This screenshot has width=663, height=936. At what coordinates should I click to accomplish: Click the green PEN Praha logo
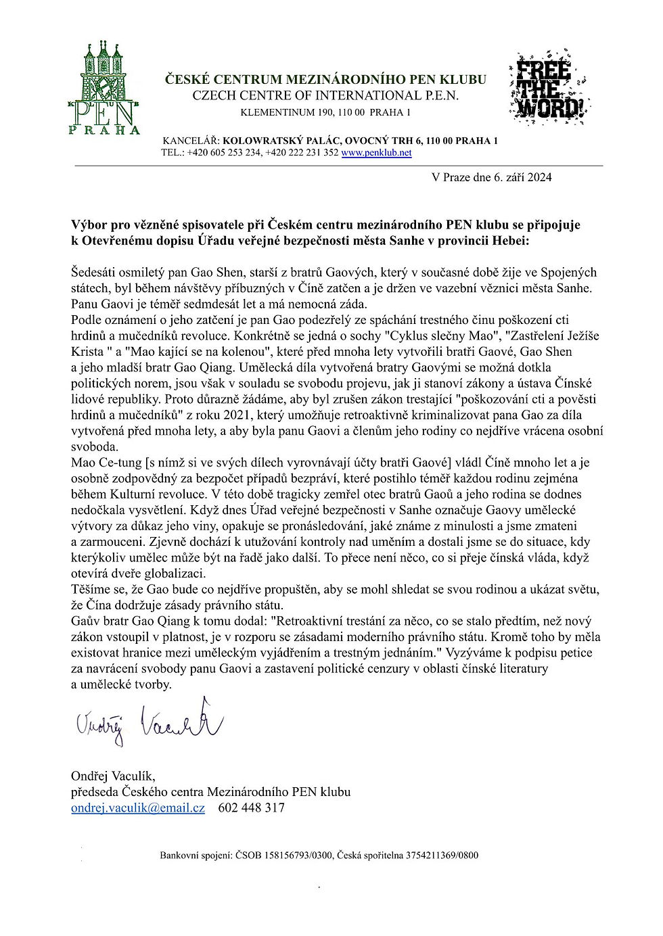point(104,87)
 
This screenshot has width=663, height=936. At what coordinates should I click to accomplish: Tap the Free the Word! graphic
point(549,85)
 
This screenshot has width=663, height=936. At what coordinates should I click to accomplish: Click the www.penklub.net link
point(376,153)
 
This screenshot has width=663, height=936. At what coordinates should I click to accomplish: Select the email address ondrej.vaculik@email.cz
point(138,808)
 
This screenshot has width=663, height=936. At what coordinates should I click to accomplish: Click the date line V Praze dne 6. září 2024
point(491,177)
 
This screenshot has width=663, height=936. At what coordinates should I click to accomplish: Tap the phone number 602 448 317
point(251,808)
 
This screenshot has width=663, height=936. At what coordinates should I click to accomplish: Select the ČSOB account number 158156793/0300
point(292,856)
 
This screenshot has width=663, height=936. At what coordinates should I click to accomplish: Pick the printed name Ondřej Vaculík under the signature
point(113,776)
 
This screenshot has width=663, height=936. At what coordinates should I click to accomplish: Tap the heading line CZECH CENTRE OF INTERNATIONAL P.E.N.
point(325,95)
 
